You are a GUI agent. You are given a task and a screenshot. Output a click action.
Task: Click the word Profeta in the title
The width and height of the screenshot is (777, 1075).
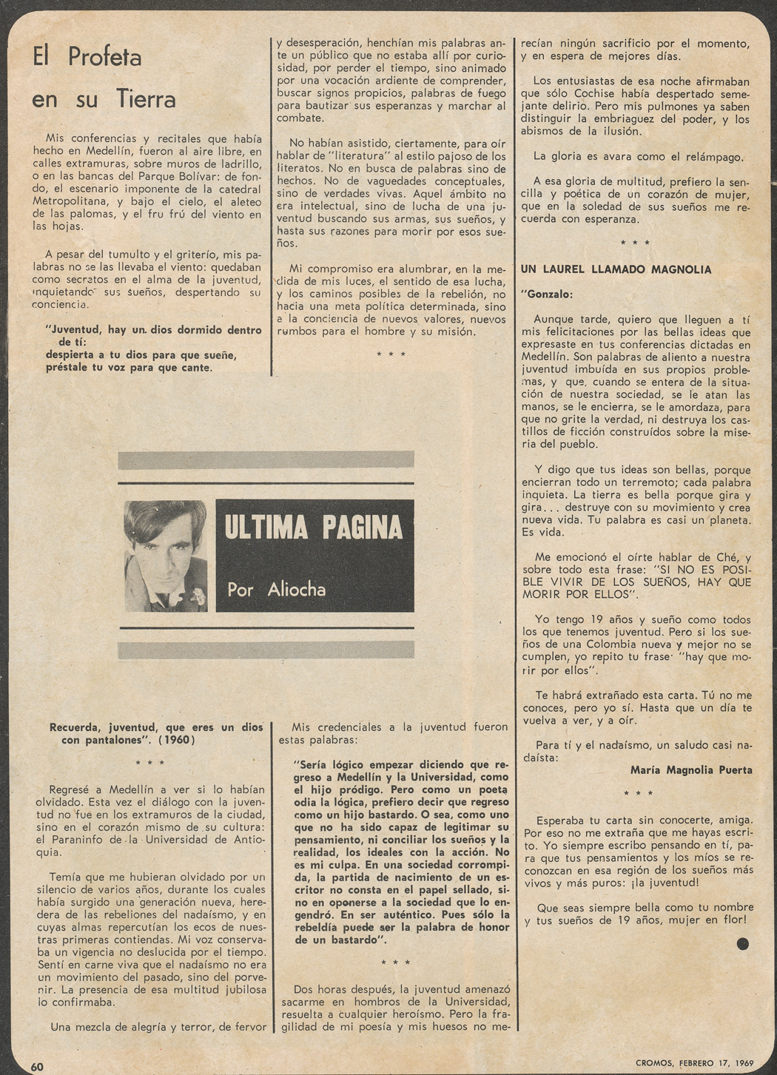[x=104, y=57]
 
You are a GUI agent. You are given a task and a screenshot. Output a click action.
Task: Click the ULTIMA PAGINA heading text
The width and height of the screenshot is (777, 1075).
[x=314, y=528]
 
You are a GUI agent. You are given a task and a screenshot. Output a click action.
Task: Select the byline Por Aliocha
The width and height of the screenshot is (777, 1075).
[x=276, y=590]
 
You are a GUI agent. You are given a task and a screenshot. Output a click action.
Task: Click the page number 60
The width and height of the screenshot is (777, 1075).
[x=37, y=1066]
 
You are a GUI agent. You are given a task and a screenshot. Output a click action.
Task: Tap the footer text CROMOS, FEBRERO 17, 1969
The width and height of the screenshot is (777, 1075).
[x=694, y=1063]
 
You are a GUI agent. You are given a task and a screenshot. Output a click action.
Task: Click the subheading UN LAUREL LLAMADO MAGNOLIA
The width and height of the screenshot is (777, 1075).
[x=616, y=270]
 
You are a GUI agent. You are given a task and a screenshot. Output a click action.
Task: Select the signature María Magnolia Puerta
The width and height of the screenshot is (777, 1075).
[x=691, y=770]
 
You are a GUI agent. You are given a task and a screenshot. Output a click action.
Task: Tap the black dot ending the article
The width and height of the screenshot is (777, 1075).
[x=742, y=943]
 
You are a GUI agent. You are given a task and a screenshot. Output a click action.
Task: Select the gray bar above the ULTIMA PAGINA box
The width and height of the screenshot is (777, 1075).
[x=266, y=459]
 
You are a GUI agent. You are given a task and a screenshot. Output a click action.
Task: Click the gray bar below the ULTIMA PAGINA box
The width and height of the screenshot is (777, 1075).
[x=266, y=650]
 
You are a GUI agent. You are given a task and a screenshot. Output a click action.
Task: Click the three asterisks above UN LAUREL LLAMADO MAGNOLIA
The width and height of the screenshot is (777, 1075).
[x=635, y=243]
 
